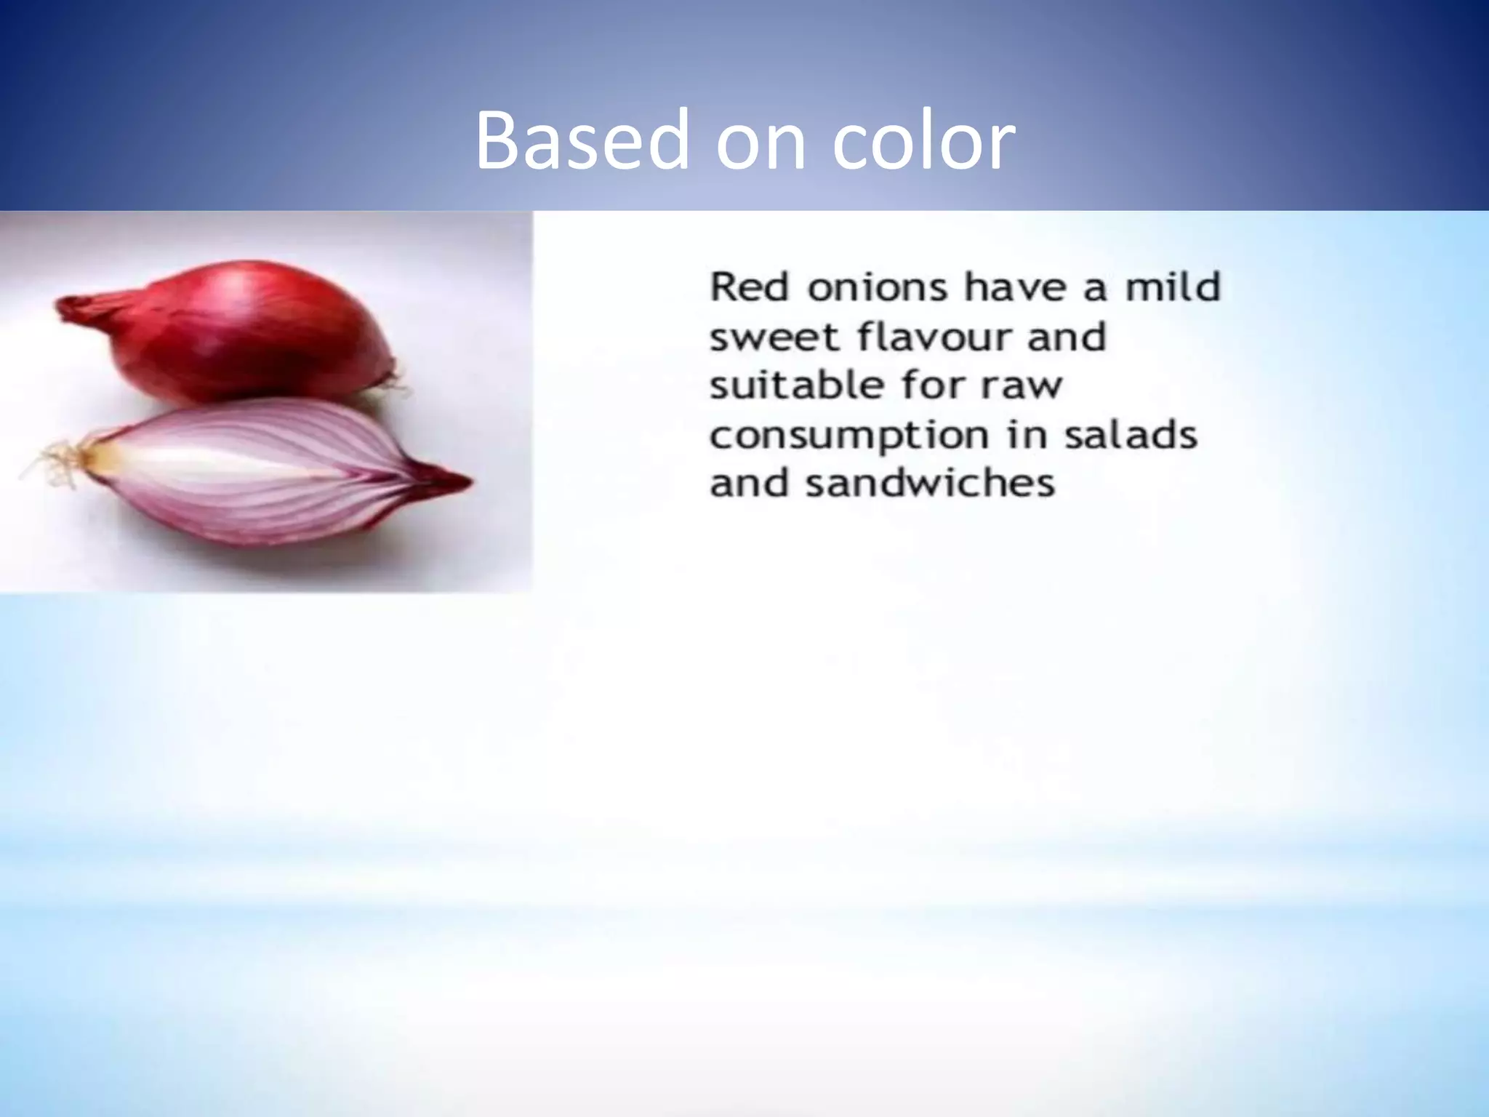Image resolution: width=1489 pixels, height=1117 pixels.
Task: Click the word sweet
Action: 775,337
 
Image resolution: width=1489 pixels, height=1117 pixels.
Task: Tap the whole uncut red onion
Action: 240,335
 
